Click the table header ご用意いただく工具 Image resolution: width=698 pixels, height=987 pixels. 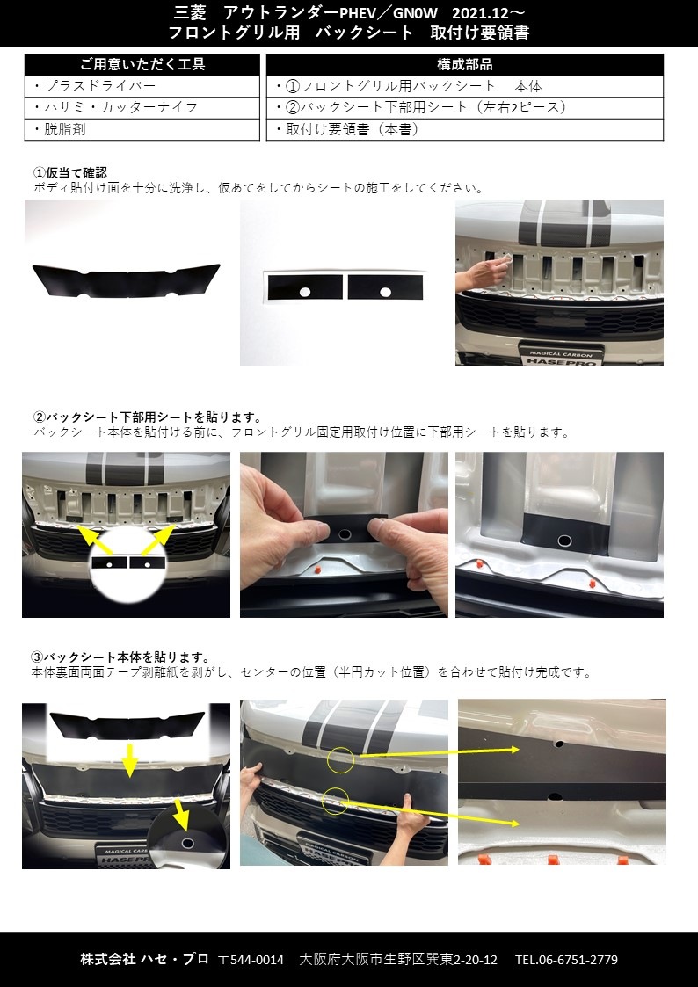(142, 65)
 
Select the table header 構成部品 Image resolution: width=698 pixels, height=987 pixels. (464, 65)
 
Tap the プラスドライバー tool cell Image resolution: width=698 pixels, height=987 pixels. (94, 86)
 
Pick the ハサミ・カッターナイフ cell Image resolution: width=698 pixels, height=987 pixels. (114, 107)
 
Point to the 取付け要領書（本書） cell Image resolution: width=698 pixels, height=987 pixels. (346, 129)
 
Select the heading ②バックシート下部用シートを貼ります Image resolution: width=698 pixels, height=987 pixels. (148, 417)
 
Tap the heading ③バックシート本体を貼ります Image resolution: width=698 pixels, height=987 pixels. (120, 657)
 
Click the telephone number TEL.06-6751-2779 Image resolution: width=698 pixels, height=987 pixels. (566, 959)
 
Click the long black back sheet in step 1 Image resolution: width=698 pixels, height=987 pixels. (126, 281)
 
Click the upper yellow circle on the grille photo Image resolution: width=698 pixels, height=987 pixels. (340, 761)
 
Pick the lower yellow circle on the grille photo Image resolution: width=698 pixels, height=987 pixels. (335, 800)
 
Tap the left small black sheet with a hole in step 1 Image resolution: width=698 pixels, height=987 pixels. (305, 287)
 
